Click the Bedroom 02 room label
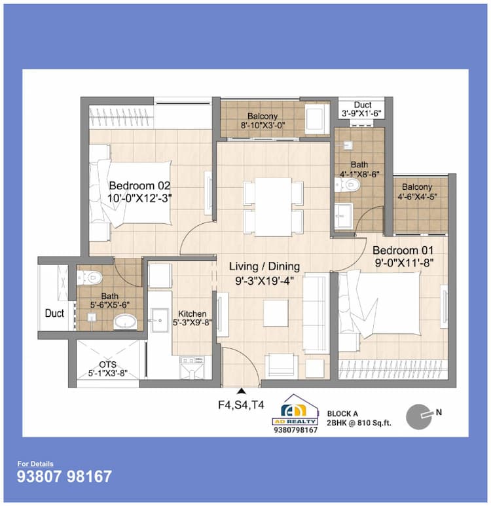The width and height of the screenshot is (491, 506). [140, 185]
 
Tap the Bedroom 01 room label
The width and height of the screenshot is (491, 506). [404, 250]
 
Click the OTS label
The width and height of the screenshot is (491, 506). [107, 365]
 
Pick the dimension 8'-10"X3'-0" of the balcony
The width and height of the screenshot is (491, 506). [263, 126]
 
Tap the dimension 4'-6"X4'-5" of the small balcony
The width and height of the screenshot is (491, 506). [420, 196]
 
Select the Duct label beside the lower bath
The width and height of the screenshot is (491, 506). [54, 314]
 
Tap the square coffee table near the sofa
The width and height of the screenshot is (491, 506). [275, 314]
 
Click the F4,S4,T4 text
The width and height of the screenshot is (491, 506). [241, 405]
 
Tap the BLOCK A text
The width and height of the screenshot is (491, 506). [343, 414]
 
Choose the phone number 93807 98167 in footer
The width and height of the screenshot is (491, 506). [64, 477]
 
